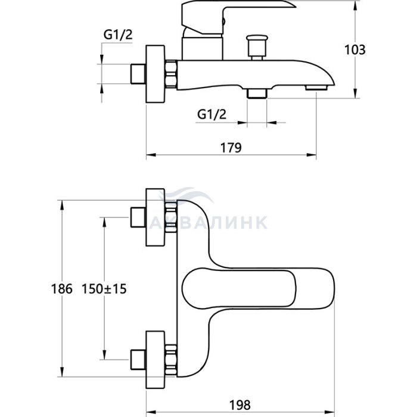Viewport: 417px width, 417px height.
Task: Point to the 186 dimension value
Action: click(x=62, y=289)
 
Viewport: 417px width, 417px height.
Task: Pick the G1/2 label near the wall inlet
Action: click(x=118, y=35)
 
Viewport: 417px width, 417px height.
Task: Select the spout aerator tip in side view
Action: click(x=317, y=88)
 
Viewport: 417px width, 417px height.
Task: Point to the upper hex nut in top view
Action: click(x=172, y=218)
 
